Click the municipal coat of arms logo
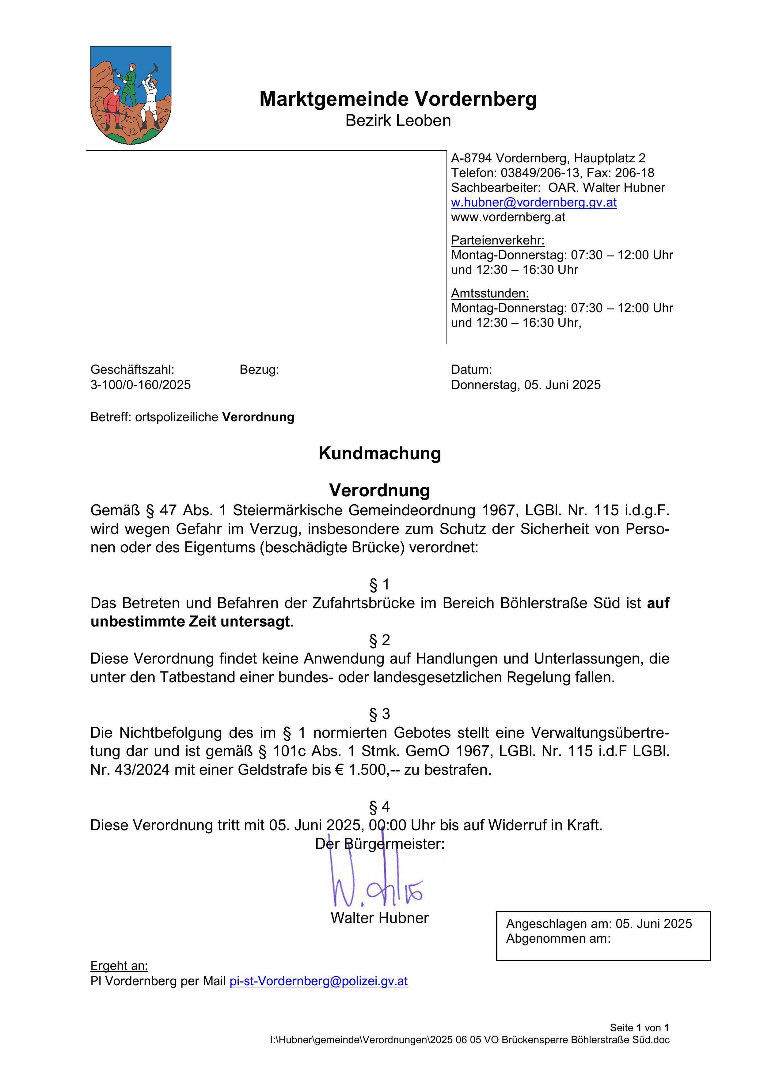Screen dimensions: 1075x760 pos(131,95)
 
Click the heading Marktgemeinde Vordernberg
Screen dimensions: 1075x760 pos(398,99)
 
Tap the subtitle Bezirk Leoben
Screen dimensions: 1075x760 pos(398,121)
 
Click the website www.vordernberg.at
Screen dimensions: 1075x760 pos(508,217)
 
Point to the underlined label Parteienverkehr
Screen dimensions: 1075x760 pos(498,241)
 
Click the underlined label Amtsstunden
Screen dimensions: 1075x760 pos(490,293)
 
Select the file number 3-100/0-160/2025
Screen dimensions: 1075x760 pos(140,385)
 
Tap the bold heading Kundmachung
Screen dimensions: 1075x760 pos(380,453)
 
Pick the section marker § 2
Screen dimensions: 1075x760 pos(380,640)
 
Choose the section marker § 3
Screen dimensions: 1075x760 pos(380,714)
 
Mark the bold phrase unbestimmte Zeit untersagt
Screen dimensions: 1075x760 pos(190,622)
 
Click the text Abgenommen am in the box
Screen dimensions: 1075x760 pos(558,939)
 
